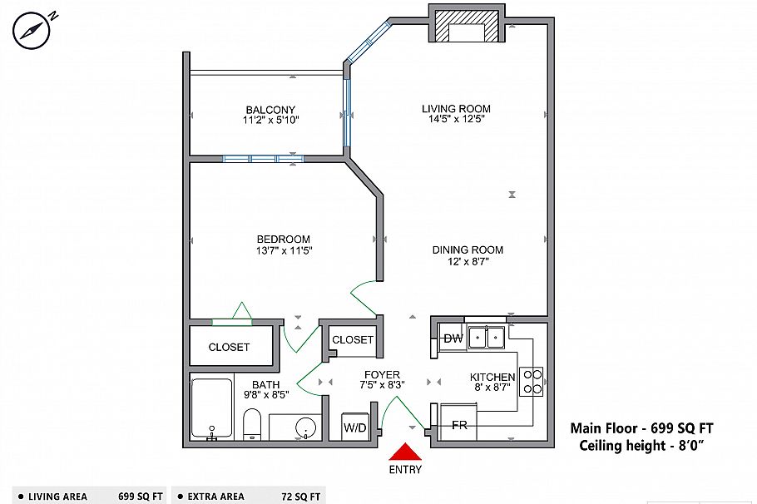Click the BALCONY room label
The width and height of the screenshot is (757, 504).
pos(270,110)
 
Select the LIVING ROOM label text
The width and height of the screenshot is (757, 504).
pos(456,108)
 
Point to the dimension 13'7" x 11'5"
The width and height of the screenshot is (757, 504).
pos(284,250)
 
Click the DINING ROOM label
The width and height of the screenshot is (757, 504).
pos(468,250)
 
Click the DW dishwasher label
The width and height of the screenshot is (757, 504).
pos(453,338)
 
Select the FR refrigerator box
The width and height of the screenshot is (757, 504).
pos(459,425)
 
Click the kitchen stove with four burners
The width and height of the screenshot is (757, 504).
pos(532,381)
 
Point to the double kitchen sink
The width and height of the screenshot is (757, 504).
pos(487,337)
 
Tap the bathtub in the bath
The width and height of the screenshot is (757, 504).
pos(211,408)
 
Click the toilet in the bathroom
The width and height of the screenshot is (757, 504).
pos(253,424)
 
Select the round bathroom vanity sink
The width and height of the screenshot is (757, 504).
pos(307,427)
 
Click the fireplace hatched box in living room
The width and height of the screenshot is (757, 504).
pos(468,26)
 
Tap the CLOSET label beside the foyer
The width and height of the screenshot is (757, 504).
pos(353,339)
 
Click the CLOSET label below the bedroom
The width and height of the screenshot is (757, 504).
pos(229,347)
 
